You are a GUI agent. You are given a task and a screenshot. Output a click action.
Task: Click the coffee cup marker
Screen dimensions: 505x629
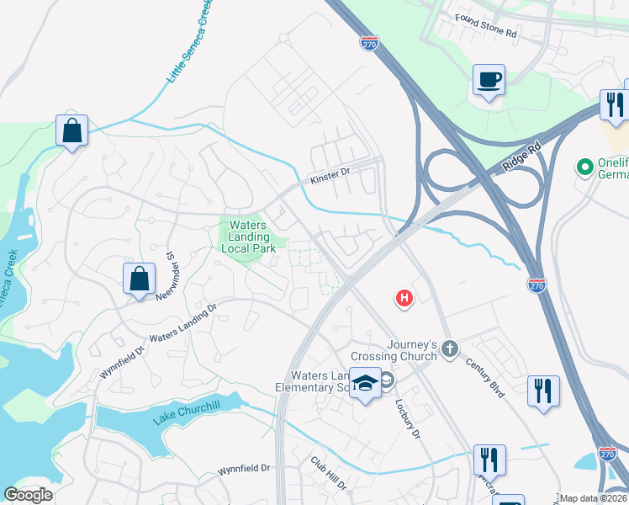[489, 80]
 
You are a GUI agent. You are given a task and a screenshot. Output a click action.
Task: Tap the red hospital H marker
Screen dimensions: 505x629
[405, 298]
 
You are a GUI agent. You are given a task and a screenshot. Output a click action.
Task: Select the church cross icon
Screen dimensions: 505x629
[450, 348]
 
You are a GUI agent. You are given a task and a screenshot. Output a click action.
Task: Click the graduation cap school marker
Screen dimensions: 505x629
[365, 383]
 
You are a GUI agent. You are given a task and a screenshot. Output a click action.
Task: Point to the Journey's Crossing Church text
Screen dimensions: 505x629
[412, 350]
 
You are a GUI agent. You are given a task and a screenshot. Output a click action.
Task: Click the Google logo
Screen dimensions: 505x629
[28, 495]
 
